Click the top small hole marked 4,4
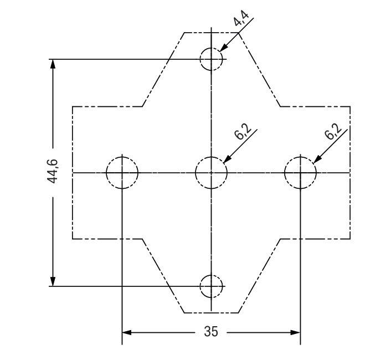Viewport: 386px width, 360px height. coord(211,59)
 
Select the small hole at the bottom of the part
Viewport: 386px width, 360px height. coord(211,286)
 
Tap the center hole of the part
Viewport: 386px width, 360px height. coord(211,172)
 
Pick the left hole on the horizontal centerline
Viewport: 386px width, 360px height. coord(122,172)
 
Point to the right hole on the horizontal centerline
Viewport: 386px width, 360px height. coord(300,172)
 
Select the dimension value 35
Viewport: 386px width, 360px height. coord(210,332)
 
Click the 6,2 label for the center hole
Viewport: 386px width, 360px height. coord(242,135)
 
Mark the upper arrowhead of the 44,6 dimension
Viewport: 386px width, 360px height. coord(53,64)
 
